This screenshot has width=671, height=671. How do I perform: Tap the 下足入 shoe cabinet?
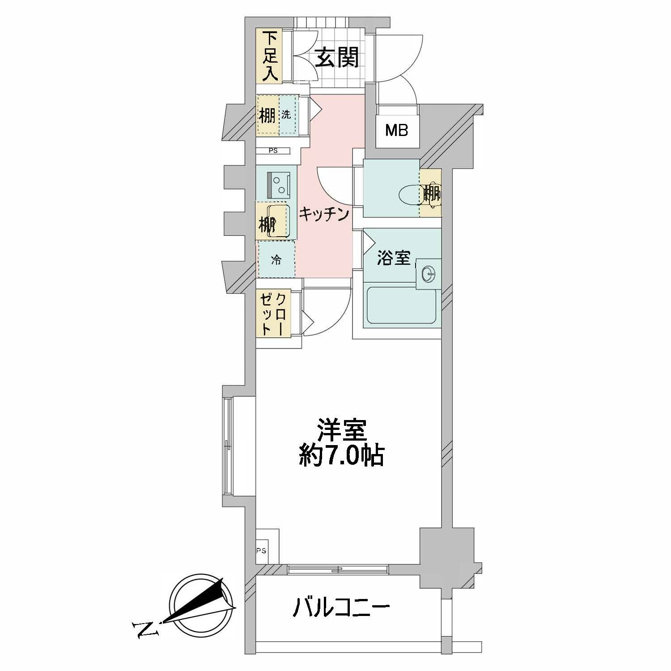268,56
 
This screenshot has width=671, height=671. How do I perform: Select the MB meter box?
397,131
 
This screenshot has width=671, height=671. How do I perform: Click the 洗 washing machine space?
289,115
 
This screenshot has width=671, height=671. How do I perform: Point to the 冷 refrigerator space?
276,259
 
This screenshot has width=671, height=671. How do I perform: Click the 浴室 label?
394,258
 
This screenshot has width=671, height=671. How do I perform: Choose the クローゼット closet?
273,313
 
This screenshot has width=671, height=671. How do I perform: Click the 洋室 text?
342,430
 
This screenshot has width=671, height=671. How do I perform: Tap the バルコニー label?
341,608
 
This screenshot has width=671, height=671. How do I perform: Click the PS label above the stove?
273,151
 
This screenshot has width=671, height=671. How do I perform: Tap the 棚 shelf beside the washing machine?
268,115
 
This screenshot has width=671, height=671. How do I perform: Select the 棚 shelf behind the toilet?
431,193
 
